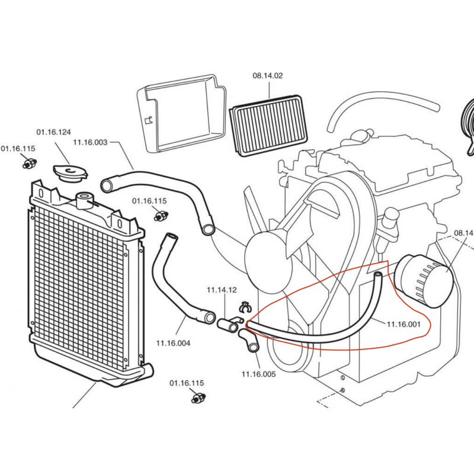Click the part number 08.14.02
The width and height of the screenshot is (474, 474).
click(x=268, y=75)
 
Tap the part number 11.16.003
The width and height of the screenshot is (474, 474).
click(x=90, y=142)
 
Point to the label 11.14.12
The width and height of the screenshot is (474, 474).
click(x=222, y=290)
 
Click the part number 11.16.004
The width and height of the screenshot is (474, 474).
click(x=173, y=342)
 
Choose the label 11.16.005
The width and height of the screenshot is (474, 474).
click(x=258, y=373)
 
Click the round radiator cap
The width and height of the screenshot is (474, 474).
click(x=70, y=173)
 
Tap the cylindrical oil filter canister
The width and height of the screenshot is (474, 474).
click(x=422, y=280)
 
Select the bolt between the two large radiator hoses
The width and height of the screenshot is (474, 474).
click(x=159, y=216)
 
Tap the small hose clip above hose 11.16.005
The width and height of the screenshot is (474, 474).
click(x=244, y=307)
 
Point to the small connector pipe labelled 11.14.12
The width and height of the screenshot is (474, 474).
click(x=229, y=325)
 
